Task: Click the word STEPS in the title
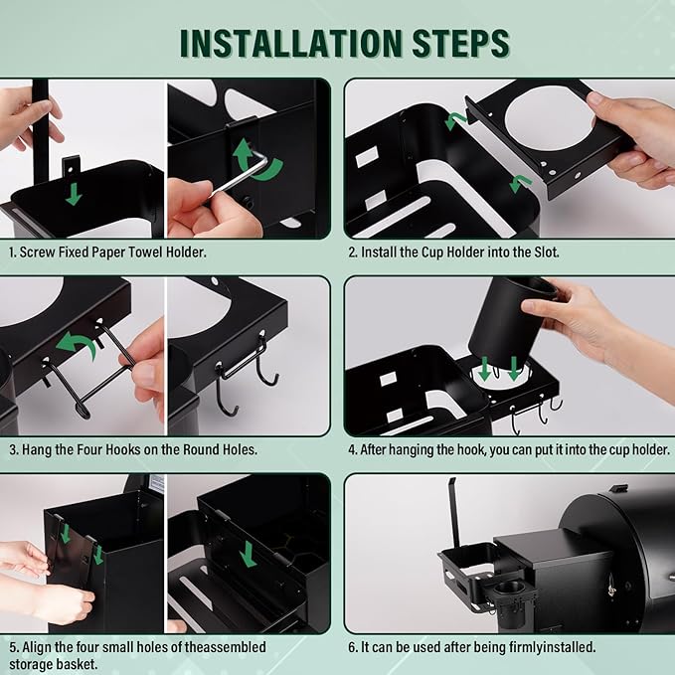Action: point(460,44)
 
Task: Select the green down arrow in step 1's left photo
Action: point(74,194)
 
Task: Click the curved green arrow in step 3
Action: point(78,343)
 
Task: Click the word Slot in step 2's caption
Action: point(546,253)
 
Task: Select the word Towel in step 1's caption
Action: point(145,253)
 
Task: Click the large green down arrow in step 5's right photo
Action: point(248,554)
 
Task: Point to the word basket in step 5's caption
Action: point(76,663)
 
